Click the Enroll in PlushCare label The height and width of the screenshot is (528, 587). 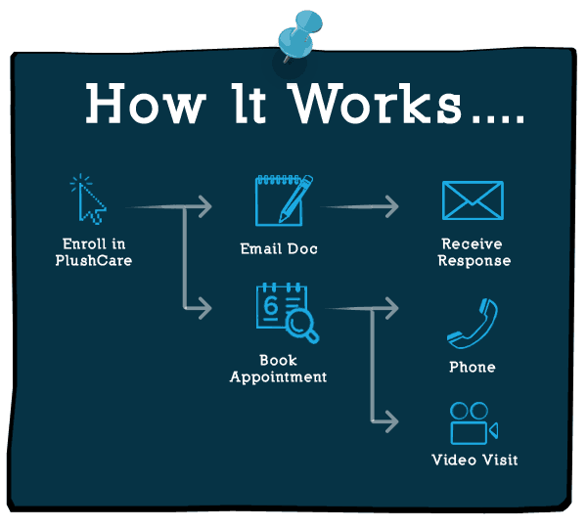tap(94, 252)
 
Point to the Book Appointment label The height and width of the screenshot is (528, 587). tap(279, 369)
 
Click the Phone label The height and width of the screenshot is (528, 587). tap(473, 368)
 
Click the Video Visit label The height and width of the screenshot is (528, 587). tap(474, 460)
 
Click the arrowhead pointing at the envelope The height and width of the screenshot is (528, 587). tap(390, 206)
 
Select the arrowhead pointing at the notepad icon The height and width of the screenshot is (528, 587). tap(203, 206)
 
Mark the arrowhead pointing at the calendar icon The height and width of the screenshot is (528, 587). tap(203, 308)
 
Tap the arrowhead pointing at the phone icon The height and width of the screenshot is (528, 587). tap(390, 309)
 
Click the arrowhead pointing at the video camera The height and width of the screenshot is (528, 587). tap(390, 421)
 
